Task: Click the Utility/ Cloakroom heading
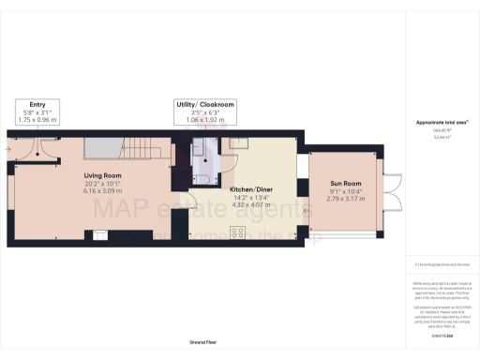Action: coord(203,103)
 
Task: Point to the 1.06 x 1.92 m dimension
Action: coord(203,120)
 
